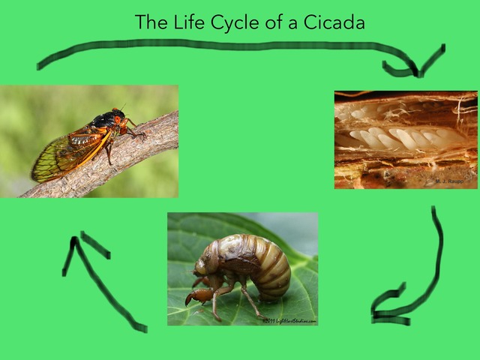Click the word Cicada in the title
pos(334,22)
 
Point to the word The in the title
pos(150,22)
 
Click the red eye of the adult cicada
pos(118,120)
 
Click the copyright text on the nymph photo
pos(289,321)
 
